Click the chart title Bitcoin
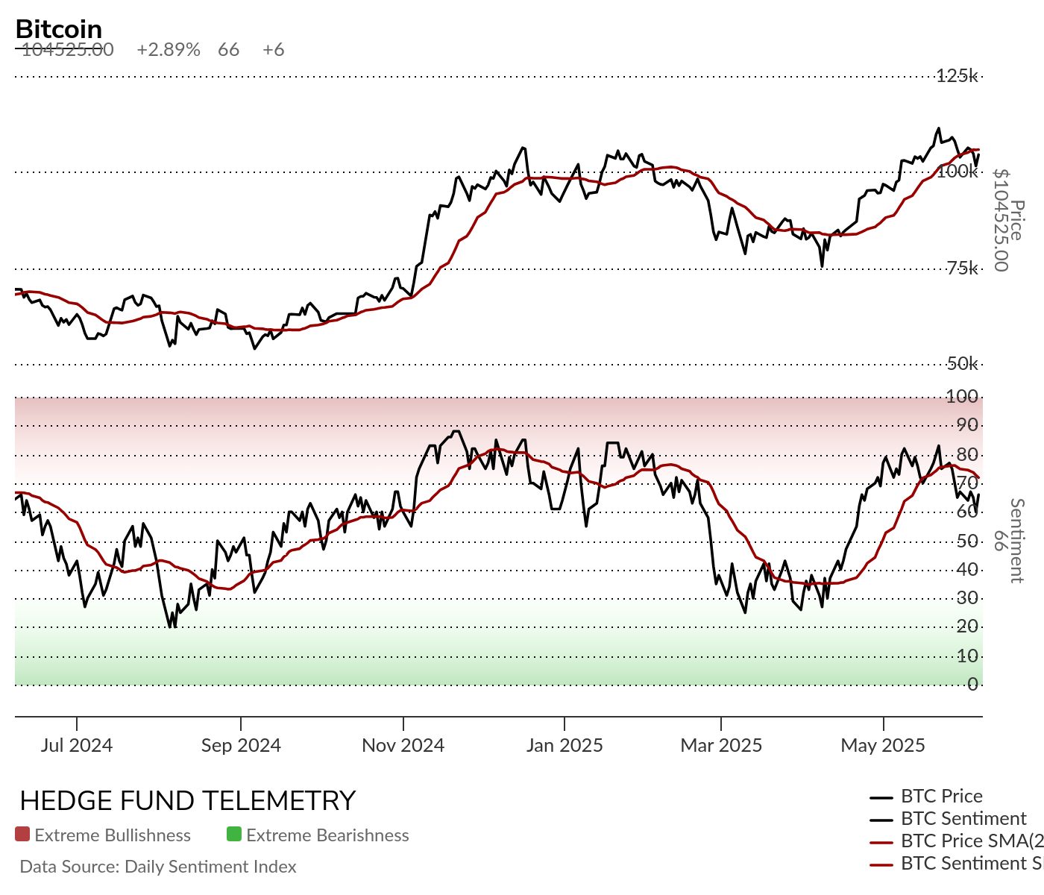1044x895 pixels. pos(59,29)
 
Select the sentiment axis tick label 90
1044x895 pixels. pos(967,425)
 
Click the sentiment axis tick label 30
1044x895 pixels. pos(967,598)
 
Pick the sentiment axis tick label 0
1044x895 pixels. pos(972,684)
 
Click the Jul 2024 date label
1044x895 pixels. pos(77,745)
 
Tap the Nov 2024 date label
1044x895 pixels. pos(403,745)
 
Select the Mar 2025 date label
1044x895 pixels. pos(721,745)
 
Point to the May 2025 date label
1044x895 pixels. pos(883,745)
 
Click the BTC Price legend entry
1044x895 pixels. pos(941,797)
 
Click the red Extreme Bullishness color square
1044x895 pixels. pos(22,835)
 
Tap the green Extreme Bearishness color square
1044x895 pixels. pos(234,835)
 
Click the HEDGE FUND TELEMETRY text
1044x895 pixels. pos(188,801)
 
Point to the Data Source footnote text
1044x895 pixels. pos(158,867)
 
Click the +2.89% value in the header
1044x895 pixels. pos(169,50)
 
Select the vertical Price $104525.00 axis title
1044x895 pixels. pos(1008,221)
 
